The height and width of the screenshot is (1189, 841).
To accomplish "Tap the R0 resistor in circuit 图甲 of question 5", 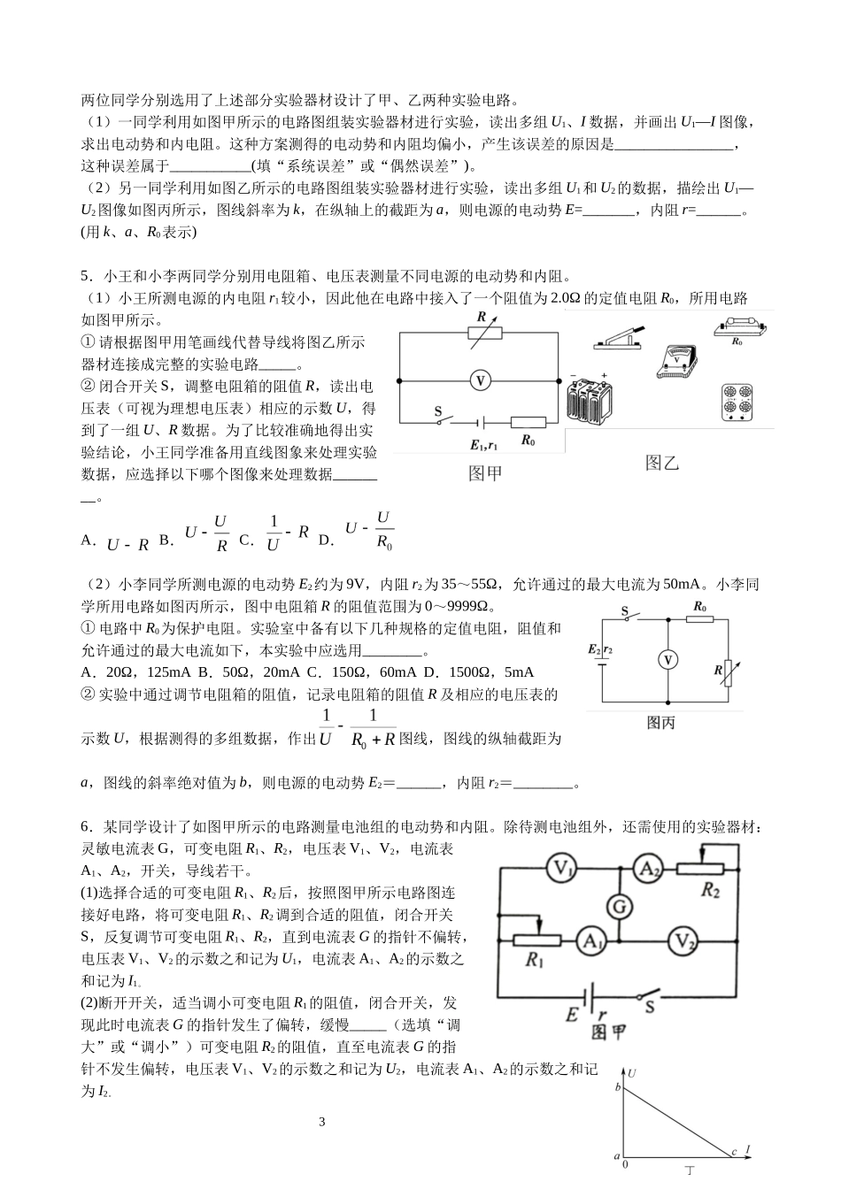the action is [x=529, y=423].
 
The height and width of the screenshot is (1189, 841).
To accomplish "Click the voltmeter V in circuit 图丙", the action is [x=669, y=660].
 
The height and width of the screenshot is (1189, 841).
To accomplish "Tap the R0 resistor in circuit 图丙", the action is [x=699, y=621].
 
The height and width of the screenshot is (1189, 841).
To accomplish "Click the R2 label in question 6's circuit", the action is [x=710, y=891].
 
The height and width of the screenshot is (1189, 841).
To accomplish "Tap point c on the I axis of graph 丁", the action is [x=734, y=1151].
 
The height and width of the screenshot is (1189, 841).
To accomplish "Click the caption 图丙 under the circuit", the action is [x=661, y=723].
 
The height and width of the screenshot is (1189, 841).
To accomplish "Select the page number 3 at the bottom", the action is [x=322, y=1123].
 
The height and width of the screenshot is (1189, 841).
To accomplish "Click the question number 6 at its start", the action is [x=85, y=826].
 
